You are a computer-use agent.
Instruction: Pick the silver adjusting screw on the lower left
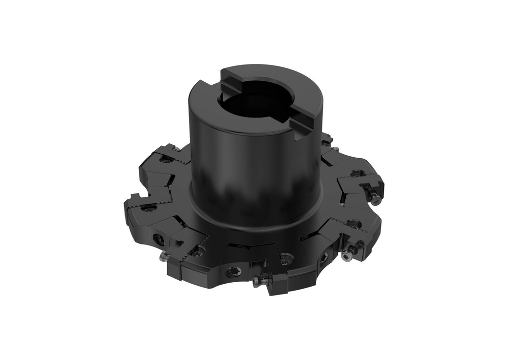pyautogui.click(x=163, y=256)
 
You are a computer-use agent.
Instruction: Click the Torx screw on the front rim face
pyautogui.click(x=234, y=271)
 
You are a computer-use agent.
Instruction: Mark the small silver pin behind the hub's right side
pyautogui.click(x=335, y=149)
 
